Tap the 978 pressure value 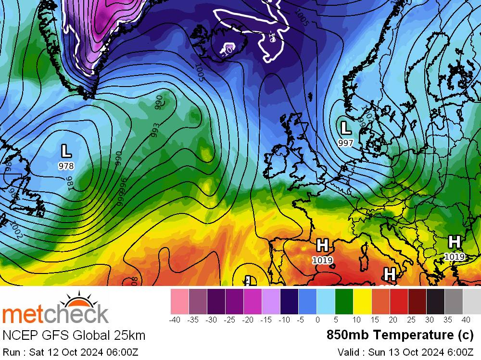[x=66, y=166]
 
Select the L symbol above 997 [x=345, y=128]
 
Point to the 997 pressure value [x=345, y=143]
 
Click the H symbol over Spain [x=322, y=246]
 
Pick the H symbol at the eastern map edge [x=454, y=242]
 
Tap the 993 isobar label [x=154, y=130]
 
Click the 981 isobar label [x=70, y=184]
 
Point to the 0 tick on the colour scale [x=316, y=320]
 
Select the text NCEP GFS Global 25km [x=74, y=335]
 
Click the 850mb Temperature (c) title [x=400, y=335]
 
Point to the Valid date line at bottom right [x=406, y=352]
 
